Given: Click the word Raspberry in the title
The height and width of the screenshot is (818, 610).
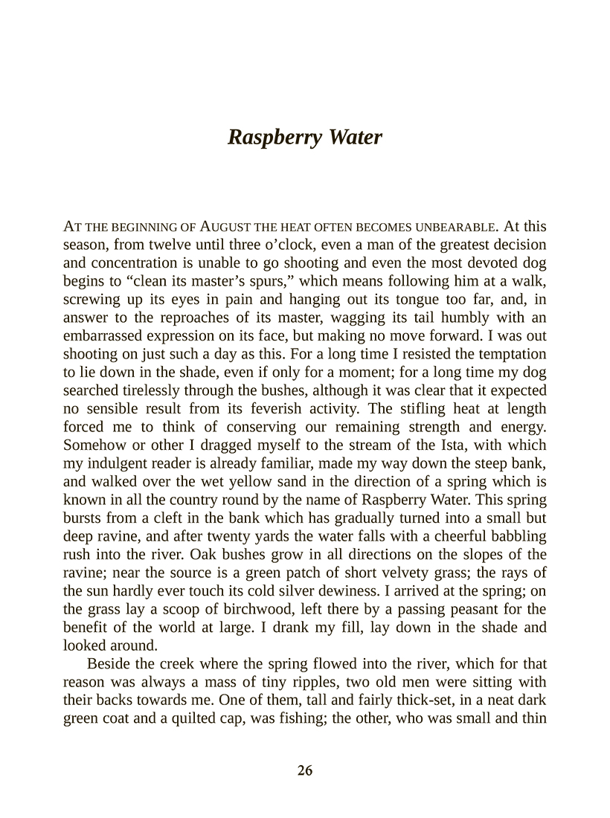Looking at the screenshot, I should click(x=269, y=138).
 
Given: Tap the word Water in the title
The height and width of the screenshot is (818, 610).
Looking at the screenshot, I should click(x=354, y=137).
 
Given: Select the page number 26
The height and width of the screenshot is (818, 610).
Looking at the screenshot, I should click(x=305, y=770).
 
